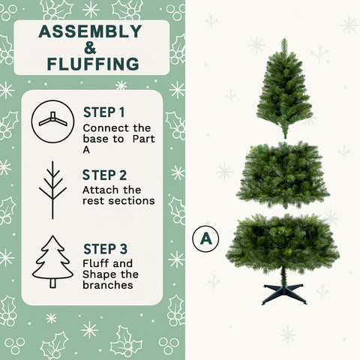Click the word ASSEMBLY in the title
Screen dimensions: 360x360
coord(90,31)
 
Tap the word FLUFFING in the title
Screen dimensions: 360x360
coord(90,63)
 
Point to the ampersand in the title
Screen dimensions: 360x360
coord(90,47)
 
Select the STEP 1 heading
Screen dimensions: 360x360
coord(103,112)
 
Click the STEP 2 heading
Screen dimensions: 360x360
coord(103,175)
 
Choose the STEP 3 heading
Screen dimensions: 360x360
coord(103,248)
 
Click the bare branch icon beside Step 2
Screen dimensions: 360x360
coord(52,190)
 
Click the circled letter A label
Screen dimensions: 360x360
coord(203,239)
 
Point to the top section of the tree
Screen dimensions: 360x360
coord(284,94)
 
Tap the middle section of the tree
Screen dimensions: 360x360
coord(283,174)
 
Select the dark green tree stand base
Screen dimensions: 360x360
coord(284,293)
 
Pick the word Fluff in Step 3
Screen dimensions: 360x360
coord(95,263)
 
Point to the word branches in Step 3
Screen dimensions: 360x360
coord(108,285)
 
